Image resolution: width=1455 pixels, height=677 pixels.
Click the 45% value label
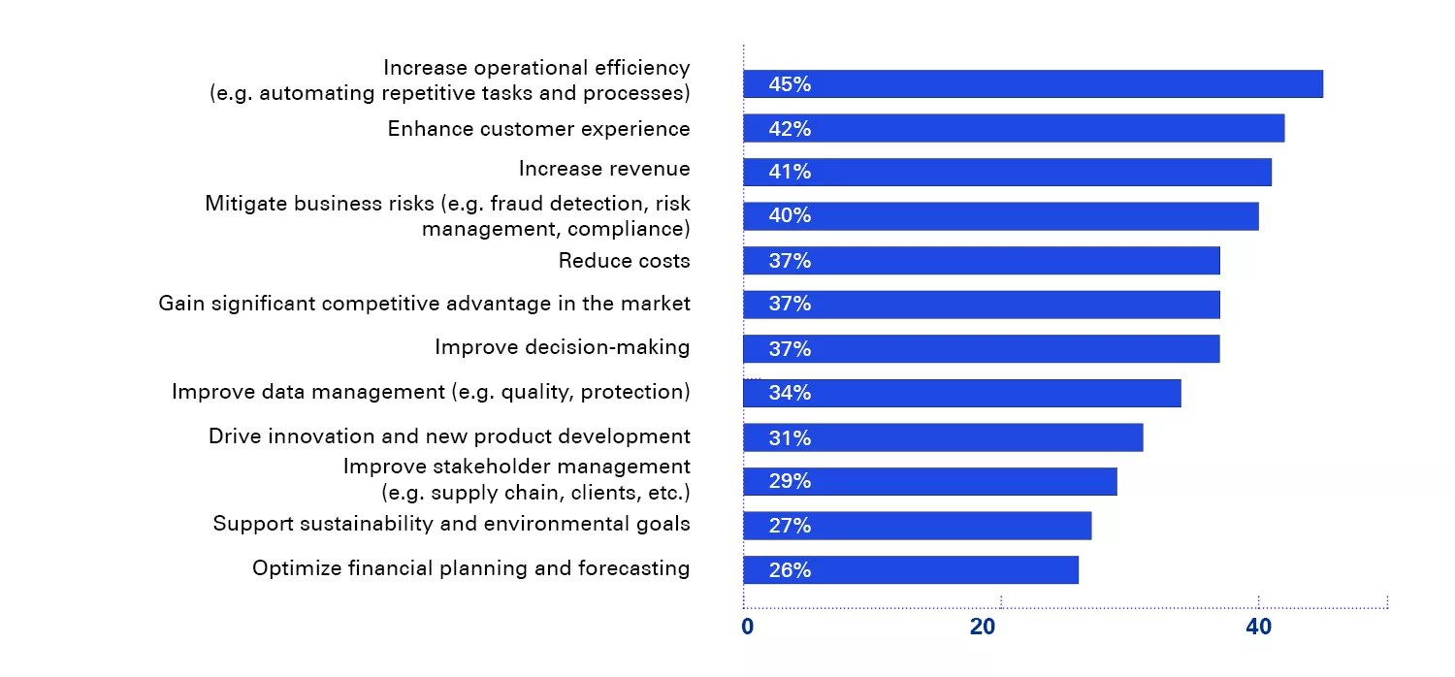789,84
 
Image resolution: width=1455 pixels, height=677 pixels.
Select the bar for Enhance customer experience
1014,128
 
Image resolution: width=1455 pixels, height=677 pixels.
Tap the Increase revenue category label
604,169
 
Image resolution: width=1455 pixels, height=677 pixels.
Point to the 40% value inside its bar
789,215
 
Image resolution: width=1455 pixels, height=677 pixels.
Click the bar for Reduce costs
981,260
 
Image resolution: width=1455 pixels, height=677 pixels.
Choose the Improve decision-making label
562,347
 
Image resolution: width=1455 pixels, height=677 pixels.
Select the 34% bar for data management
961,393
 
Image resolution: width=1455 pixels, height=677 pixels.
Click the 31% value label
789,438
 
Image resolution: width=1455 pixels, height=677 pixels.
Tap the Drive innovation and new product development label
449,436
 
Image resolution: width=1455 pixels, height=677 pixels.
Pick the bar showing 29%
929,481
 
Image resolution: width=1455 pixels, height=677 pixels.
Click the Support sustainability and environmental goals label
451,524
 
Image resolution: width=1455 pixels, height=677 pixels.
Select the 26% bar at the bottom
910,570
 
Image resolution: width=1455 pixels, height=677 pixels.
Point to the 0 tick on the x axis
747,628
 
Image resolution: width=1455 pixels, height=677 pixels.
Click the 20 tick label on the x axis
983,628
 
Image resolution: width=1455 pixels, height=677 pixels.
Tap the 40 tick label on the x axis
1258,628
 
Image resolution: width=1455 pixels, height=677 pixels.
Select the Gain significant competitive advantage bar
981,305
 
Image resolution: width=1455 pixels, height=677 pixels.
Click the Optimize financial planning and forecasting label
470,568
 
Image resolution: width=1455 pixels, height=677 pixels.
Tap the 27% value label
789,526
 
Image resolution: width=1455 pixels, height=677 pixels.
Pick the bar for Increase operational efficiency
1033,84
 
